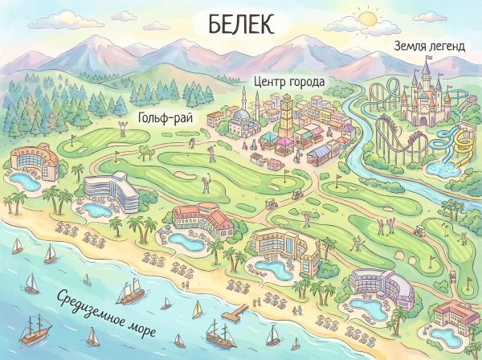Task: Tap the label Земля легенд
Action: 428,47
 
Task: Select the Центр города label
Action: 288,82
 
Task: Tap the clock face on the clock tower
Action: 287,104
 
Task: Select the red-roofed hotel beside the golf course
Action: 198,218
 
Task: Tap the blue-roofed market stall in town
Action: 321,150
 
